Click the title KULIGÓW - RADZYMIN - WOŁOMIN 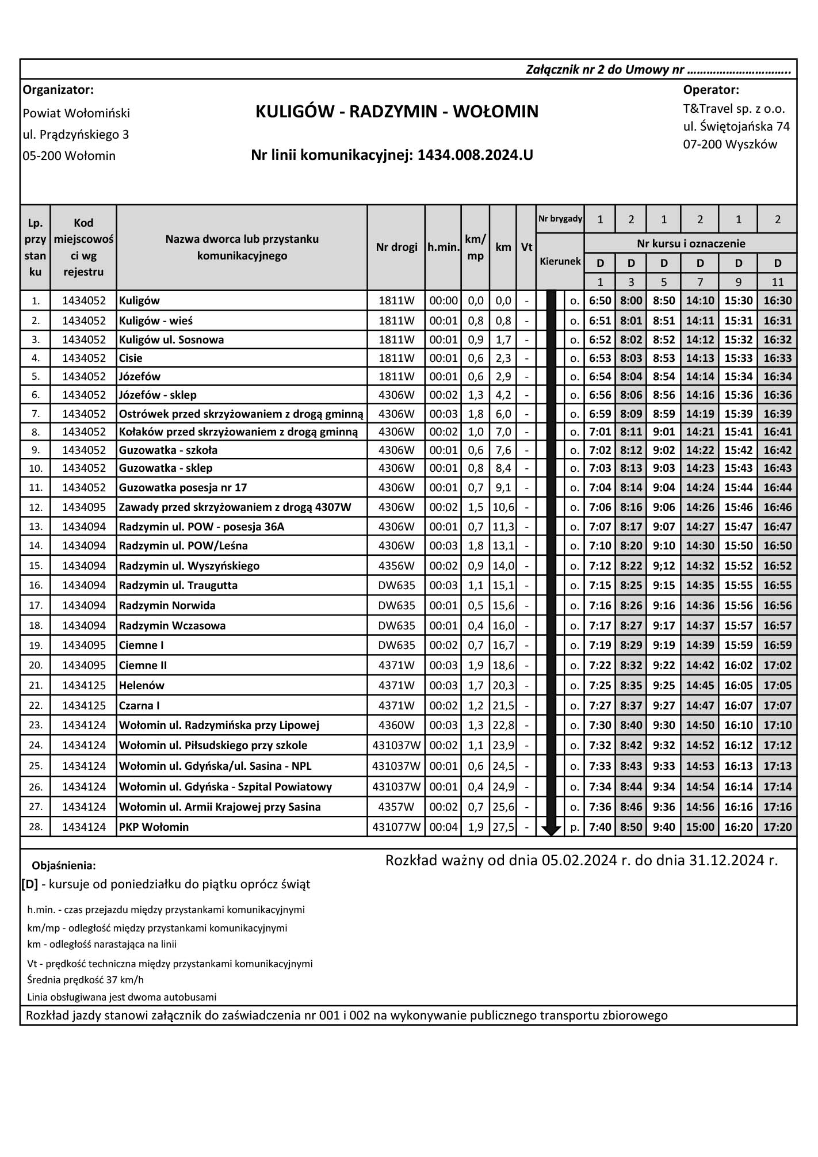click(x=397, y=112)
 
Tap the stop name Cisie click(x=131, y=358)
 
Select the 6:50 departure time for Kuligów click(x=600, y=300)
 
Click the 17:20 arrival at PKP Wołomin click(x=778, y=827)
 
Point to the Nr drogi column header click(x=396, y=247)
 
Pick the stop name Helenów click(x=142, y=685)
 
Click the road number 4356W click(x=396, y=566)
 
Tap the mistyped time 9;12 click(x=664, y=566)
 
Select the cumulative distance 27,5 click(x=503, y=827)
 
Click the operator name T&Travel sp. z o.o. click(x=734, y=109)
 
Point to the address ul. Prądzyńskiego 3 click(x=76, y=135)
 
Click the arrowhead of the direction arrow click(x=551, y=830)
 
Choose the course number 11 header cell click(x=778, y=282)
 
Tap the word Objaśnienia click(x=64, y=866)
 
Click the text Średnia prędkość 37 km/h click(x=85, y=979)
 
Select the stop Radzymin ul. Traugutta click(x=178, y=585)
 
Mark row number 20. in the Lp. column click(x=36, y=665)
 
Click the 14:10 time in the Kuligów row click(x=700, y=300)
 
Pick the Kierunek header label click(x=560, y=261)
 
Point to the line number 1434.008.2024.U click(x=475, y=155)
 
